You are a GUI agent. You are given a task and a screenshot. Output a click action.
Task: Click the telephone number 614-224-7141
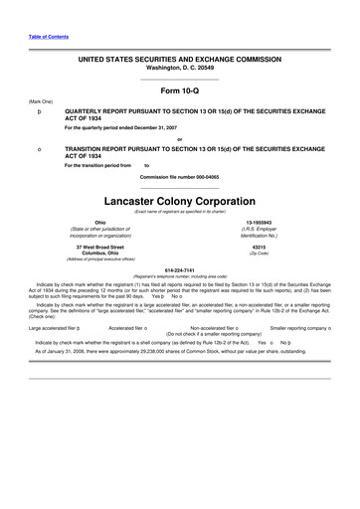click(179, 269)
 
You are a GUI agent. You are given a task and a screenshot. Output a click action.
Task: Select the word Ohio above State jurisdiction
click(99, 223)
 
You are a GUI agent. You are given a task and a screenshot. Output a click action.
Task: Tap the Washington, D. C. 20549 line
click(179, 68)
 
